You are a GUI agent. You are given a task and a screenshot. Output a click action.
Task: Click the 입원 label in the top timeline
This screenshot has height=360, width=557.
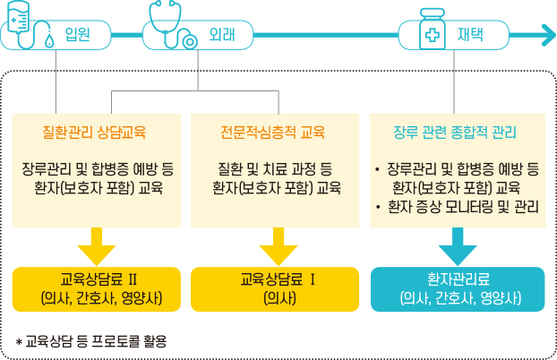coord(77,37)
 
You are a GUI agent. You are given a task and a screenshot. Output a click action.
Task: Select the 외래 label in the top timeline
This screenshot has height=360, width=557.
coord(222,37)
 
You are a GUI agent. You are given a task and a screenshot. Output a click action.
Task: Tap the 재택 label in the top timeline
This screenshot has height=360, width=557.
coord(471,37)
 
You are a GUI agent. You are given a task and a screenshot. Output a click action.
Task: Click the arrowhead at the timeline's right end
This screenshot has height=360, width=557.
coord(545,36)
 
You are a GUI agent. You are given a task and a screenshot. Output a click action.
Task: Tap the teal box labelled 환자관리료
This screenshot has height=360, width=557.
coord(457,288)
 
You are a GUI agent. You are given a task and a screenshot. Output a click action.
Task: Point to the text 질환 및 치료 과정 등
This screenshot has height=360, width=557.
coord(276,168)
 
